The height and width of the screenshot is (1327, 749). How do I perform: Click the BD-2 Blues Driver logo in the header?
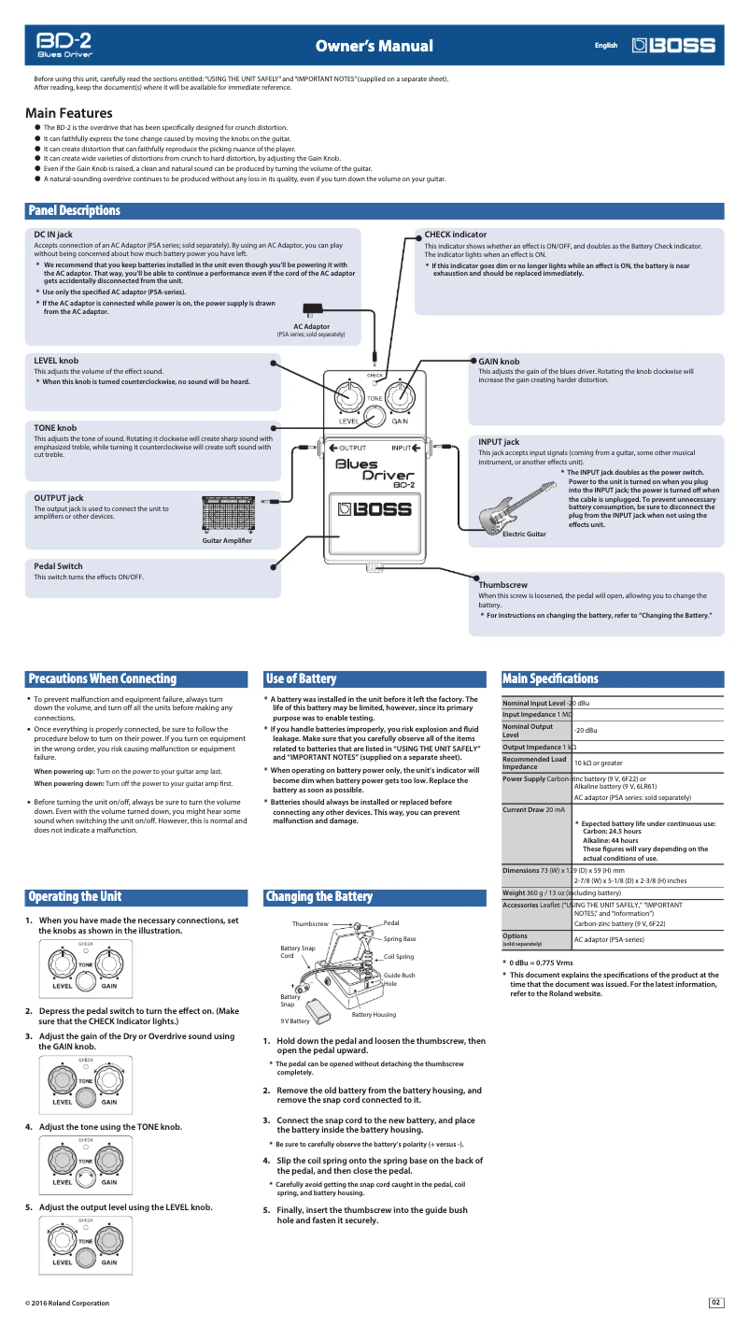point(64,46)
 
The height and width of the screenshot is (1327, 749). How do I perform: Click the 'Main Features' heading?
point(68,113)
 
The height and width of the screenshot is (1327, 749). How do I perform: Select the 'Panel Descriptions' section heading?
point(75,211)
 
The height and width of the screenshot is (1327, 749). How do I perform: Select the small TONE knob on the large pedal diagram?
point(374,414)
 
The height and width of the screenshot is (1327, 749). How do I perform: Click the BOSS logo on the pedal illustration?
point(374,510)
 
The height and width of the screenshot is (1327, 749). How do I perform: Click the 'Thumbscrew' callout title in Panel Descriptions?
point(503,584)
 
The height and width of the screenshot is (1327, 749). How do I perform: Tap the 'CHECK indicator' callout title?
point(455,235)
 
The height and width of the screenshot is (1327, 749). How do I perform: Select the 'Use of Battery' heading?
point(301,678)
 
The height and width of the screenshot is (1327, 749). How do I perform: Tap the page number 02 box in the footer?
point(716,1302)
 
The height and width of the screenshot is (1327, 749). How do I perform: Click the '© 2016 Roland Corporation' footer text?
point(67,1303)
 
